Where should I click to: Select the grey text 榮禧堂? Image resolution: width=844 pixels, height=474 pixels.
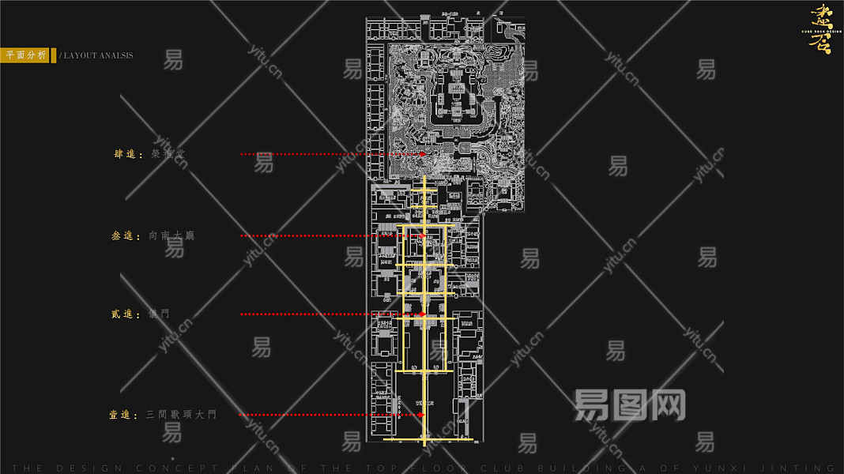point(168,154)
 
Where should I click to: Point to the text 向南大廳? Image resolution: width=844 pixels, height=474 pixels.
point(171,235)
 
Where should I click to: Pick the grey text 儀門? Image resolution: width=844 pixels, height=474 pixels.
point(160,314)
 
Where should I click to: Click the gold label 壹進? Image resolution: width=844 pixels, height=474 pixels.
point(123,414)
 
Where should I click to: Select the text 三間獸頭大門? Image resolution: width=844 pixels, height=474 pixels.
point(181,414)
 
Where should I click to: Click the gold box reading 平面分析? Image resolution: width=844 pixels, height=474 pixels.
point(24,55)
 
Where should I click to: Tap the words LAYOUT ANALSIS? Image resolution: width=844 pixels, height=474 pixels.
point(98,56)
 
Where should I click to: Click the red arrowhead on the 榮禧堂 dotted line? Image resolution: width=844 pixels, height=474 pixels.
point(423,154)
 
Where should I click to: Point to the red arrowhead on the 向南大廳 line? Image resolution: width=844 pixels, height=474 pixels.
point(423,235)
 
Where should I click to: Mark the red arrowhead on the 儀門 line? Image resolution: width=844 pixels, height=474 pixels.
point(423,314)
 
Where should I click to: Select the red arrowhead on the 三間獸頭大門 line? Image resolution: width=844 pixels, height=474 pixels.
point(421,414)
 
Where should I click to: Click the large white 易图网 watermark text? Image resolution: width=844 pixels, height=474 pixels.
point(629,404)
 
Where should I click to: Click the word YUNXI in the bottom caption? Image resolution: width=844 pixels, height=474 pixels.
point(742,468)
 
